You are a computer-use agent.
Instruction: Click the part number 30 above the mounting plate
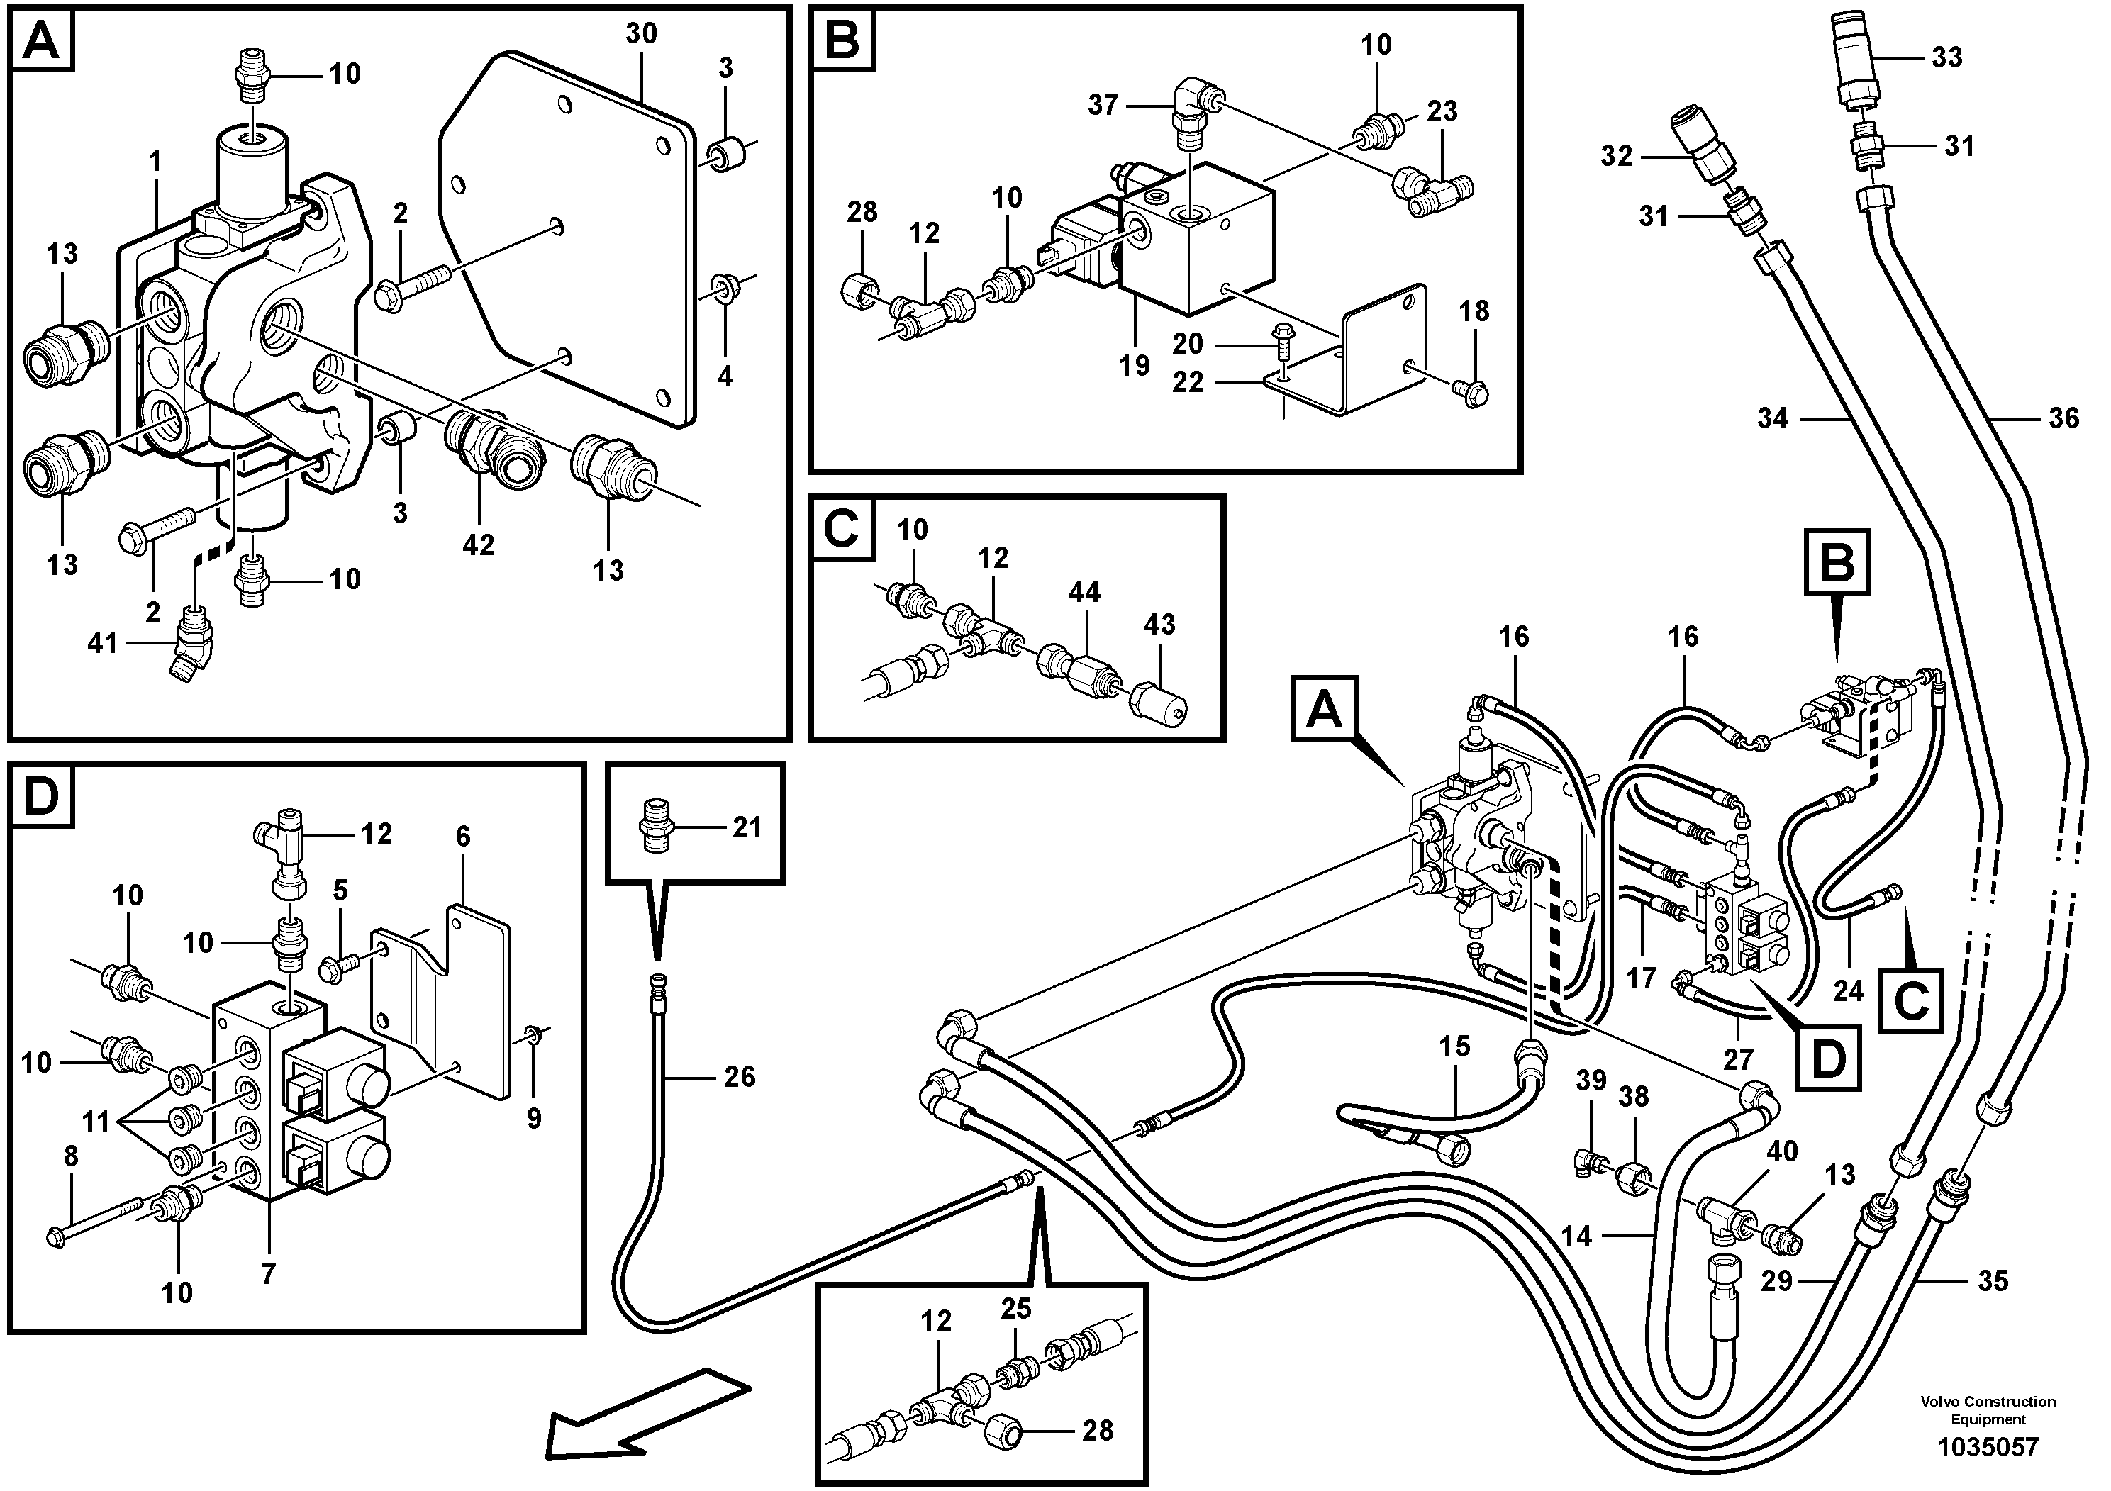(x=641, y=34)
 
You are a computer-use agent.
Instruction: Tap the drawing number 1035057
(x=1987, y=1447)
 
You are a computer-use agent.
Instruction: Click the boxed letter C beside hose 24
(x=1912, y=1001)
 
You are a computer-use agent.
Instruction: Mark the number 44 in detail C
(x=1084, y=592)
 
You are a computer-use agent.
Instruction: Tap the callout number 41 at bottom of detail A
(x=102, y=642)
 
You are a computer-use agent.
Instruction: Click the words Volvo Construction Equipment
(x=1987, y=1410)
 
